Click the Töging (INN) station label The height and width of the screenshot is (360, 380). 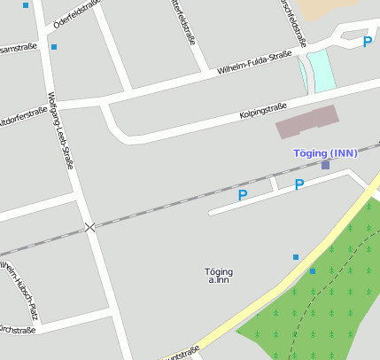click(x=325, y=153)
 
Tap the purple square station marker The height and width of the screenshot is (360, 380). click(x=325, y=165)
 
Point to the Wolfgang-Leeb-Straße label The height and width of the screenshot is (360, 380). click(x=60, y=130)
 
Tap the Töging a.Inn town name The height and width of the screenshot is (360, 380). click(x=218, y=276)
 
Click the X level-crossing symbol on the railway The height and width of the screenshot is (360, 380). click(x=89, y=228)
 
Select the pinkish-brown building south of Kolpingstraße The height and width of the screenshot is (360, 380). click(x=306, y=121)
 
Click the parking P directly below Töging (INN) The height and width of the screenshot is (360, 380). click(x=299, y=184)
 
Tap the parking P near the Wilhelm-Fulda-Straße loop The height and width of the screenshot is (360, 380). click(x=367, y=42)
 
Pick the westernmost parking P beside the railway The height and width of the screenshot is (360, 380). click(x=242, y=194)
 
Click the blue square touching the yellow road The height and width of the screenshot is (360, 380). click(x=312, y=271)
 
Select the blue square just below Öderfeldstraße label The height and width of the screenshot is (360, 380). click(x=54, y=46)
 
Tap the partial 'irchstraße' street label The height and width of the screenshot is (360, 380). click(x=17, y=331)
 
